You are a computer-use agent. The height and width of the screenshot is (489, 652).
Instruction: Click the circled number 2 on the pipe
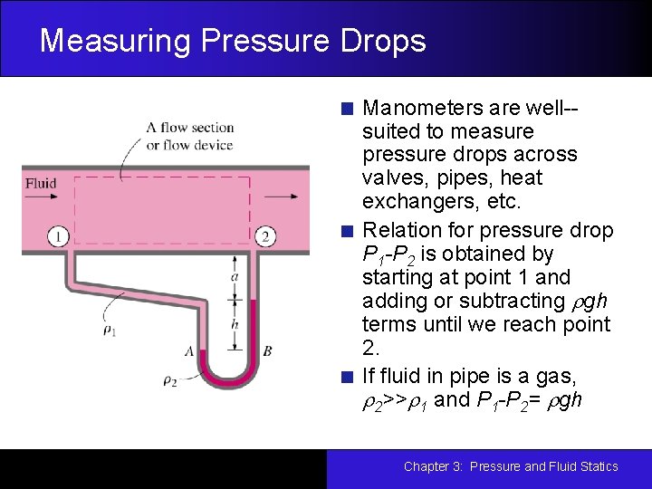[265, 237]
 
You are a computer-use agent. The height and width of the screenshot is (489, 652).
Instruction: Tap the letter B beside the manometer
[267, 350]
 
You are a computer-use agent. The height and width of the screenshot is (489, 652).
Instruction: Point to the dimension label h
[235, 323]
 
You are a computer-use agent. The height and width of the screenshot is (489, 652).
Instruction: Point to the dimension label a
[235, 276]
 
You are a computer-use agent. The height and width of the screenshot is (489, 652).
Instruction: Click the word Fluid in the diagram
[41, 183]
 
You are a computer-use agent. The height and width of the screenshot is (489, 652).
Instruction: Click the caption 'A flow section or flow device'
[189, 136]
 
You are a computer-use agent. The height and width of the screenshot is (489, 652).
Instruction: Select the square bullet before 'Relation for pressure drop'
[347, 231]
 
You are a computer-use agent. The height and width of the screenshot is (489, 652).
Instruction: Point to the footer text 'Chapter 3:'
[433, 466]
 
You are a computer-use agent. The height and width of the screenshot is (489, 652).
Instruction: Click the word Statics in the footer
[596, 466]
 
